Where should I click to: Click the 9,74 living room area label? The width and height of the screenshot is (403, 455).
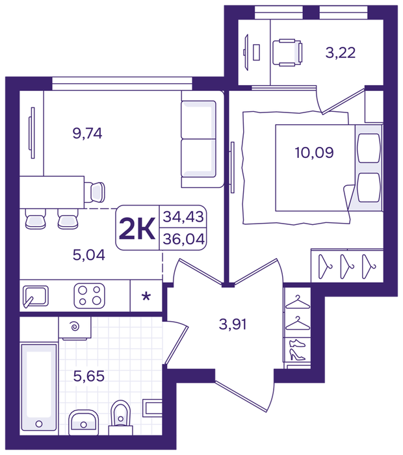(x=87, y=133)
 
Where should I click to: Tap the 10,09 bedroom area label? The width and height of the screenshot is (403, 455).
(x=314, y=152)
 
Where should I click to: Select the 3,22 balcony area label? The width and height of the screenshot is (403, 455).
(x=341, y=53)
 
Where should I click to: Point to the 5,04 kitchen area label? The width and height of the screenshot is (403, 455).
(x=89, y=255)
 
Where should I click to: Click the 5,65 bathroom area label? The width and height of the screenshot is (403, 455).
(x=89, y=376)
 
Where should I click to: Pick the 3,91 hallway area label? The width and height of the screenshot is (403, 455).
(x=233, y=324)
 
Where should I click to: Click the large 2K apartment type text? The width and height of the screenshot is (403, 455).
(x=137, y=229)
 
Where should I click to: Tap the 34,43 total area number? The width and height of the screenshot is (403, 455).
(x=183, y=216)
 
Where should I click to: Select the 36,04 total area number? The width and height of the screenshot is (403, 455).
(x=184, y=239)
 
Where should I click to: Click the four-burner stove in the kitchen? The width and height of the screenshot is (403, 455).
(x=89, y=296)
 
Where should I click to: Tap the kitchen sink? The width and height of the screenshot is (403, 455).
(x=35, y=296)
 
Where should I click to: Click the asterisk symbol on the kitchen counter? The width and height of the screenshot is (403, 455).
(x=146, y=296)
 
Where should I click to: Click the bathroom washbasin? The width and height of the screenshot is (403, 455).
(x=84, y=422)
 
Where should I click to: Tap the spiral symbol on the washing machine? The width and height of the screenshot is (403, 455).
(x=75, y=327)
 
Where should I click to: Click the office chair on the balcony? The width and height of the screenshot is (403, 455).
(x=287, y=53)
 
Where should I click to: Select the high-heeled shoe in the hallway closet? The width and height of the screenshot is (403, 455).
(x=297, y=354)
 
